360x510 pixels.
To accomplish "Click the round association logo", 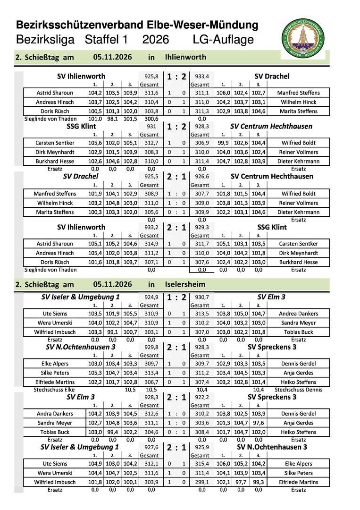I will click(302, 39).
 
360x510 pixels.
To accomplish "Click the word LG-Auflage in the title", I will click(223, 40).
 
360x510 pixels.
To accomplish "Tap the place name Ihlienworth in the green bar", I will click(185, 57).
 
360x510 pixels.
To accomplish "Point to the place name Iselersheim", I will click(185, 285).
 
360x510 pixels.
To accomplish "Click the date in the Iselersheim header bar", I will click(112, 285).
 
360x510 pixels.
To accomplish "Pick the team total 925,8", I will click(148, 76).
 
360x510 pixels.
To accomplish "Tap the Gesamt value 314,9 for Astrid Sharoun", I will click(151, 244).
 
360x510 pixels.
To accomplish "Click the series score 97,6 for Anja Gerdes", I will click(258, 423).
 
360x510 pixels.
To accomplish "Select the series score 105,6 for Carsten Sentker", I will click(94, 143).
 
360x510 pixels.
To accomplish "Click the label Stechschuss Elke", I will click(54, 390).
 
